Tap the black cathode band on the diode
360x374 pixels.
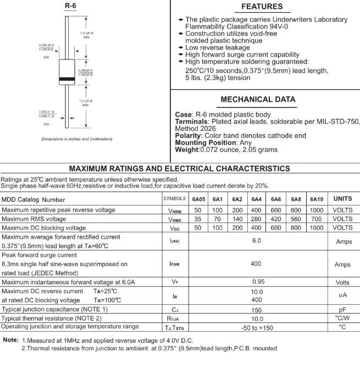(67, 80)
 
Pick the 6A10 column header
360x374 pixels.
(317, 199)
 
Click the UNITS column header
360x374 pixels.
(342, 199)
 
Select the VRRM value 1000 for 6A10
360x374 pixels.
(317, 210)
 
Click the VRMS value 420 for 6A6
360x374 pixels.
(276, 219)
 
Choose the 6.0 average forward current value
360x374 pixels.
(256, 241)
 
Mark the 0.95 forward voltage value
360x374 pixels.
(256, 282)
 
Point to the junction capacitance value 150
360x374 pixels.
(256, 310)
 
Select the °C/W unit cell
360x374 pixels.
(342, 318)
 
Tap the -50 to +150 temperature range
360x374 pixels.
(256, 327)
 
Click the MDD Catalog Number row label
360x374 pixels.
(33, 199)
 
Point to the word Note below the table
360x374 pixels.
(11, 340)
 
